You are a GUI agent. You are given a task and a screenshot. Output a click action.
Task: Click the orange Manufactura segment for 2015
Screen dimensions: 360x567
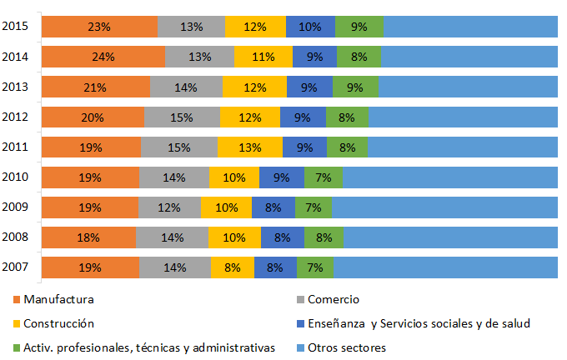[98, 27]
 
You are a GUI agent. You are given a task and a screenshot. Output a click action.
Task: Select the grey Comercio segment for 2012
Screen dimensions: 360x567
[182, 117]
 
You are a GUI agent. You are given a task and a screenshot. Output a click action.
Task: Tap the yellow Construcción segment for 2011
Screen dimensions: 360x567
[250, 147]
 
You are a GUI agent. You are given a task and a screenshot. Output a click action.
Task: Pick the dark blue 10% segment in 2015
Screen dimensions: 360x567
[310, 27]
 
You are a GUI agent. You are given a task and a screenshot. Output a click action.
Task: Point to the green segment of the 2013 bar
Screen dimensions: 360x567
[355, 87]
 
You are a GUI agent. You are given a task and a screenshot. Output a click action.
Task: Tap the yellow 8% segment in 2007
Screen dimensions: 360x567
[233, 267]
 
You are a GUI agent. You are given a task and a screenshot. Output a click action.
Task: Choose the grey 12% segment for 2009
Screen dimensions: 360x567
[169, 207]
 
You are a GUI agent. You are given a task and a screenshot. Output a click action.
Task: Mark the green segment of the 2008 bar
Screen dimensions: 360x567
[324, 237]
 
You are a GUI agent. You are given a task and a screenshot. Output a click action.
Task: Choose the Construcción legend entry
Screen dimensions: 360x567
[58, 323]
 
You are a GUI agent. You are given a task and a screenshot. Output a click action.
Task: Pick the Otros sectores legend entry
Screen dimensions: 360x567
[345, 347]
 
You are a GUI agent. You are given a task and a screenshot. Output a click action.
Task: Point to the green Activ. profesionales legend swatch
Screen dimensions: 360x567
[16, 347]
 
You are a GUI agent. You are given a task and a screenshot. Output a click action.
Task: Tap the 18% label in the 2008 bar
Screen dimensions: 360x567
[89, 237]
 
